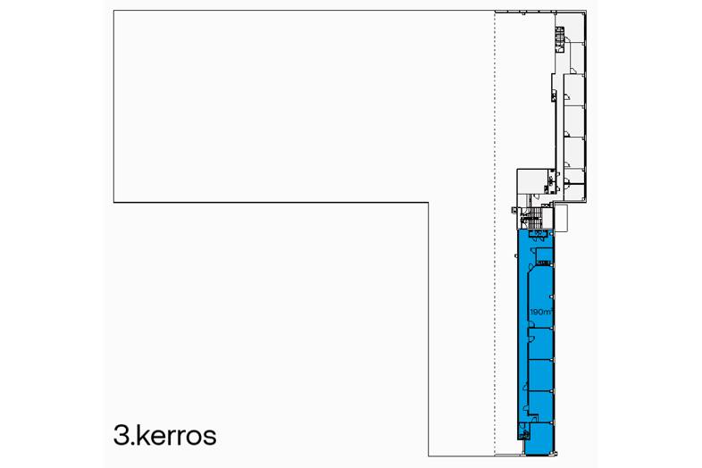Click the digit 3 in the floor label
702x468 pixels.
(121, 435)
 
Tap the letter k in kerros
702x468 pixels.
(140, 434)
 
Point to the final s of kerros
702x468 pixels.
(210, 438)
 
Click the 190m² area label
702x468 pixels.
(541, 312)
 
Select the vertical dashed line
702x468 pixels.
(495, 233)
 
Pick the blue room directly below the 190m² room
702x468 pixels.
(541, 344)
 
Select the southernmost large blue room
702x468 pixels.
(539, 438)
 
